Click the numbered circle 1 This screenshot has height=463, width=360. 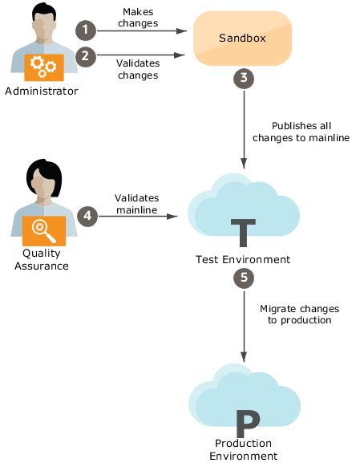pos(86,30)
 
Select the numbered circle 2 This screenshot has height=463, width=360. pos(86,56)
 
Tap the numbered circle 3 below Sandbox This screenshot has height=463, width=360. pos(244,78)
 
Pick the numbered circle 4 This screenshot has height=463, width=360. pos(87,216)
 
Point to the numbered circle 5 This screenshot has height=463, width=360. pos(244,278)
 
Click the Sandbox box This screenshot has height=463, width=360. pos(243,38)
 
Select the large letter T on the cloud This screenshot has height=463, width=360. pos(243,233)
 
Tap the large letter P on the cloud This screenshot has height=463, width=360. pos(248,424)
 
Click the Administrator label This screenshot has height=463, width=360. pos(42,91)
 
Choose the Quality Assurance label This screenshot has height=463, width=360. pos(42,259)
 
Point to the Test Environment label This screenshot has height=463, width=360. pos(243,259)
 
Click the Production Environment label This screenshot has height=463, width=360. pos(244,449)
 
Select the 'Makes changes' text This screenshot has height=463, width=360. pos(138,18)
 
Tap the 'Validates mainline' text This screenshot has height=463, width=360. pos(136,204)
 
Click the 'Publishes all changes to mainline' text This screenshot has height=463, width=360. pos(301,132)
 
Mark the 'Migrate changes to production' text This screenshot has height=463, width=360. pos(300,315)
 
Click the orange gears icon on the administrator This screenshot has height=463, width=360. pos(44,67)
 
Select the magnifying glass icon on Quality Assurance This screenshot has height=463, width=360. pos(44,231)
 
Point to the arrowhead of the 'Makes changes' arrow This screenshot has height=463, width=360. pos(182,30)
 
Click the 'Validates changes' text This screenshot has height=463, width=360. pos(138,69)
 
